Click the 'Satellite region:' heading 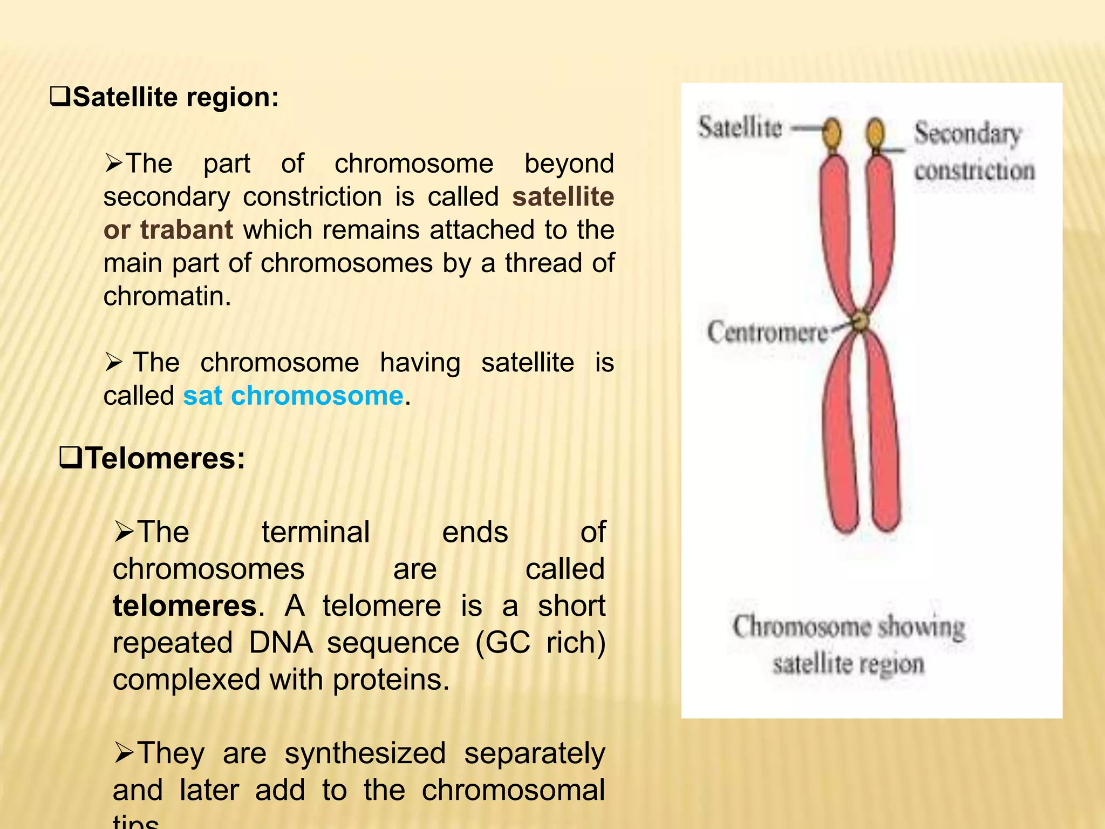pos(175,98)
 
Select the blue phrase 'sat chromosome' pos(293,396)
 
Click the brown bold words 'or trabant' pos(168,230)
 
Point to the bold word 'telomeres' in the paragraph pos(185,606)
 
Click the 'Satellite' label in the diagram pos(740,128)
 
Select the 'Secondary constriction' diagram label pos(973,152)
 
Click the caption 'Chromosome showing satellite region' pos(848,645)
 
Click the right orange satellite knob pos(876,133)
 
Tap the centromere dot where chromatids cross pos(861,321)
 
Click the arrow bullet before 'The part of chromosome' pos(114,163)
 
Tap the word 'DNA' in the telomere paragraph pos(281,642)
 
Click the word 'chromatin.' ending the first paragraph pos(167,296)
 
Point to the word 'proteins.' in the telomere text pos(391,679)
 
